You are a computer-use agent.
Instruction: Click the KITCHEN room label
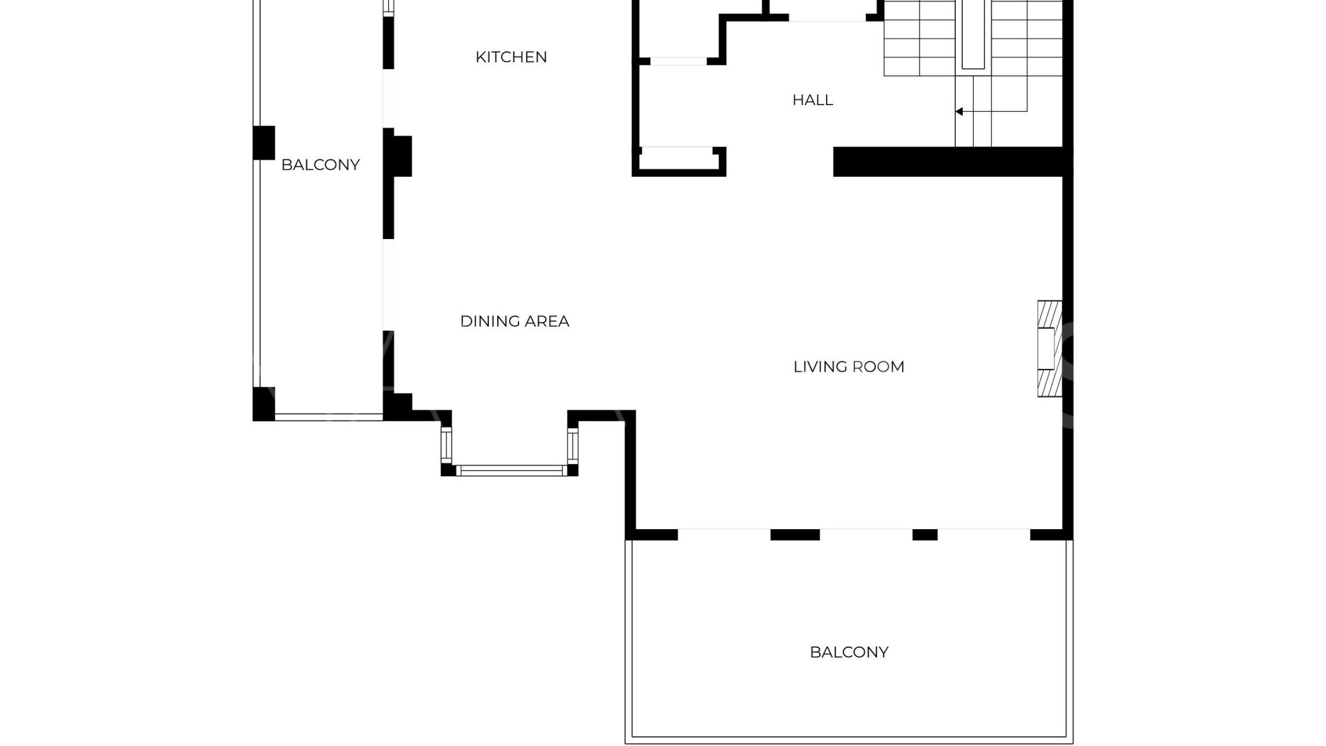[x=511, y=57]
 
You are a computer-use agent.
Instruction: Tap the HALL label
[x=812, y=100]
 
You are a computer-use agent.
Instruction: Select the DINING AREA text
[x=515, y=321]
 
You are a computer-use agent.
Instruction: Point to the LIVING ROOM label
[x=849, y=367]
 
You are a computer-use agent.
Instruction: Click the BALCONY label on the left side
[x=320, y=165]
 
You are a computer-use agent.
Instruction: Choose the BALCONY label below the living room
[x=849, y=652]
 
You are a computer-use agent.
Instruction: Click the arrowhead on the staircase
[x=959, y=111]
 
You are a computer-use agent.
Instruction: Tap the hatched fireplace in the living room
[x=1049, y=349]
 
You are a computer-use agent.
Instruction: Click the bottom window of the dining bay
[x=510, y=471]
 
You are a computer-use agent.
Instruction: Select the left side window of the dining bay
[x=446, y=446]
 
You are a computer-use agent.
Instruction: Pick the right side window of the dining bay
[x=573, y=446]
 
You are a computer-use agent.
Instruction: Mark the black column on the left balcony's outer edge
[x=264, y=143]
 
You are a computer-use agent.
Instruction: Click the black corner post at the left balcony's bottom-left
[x=264, y=404]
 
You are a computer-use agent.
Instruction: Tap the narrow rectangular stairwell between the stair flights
[x=972, y=35]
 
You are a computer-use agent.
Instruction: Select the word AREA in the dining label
[x=546, y=321]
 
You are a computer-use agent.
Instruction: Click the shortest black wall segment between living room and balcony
[x=925, y=535]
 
